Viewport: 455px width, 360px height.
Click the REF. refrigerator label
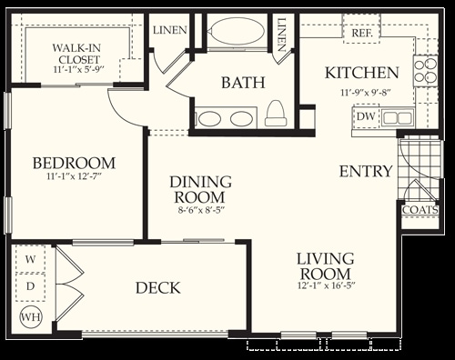(361, 33)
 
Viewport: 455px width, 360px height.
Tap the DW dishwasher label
(366, 116)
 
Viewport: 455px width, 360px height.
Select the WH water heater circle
(31, 317)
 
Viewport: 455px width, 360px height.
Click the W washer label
(30, 259)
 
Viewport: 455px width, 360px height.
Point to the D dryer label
(30, 286)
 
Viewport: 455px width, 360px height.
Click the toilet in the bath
(276, 113)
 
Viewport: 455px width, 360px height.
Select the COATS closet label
(420, 210)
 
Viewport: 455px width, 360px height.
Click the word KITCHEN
(362, 73)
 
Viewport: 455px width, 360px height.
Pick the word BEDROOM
(74, 163)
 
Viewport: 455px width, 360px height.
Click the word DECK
(158, 288)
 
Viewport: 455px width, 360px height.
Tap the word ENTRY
(366, 171)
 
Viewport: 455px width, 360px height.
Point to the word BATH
(243, 83)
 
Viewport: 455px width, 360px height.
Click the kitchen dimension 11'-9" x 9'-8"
(365, 93)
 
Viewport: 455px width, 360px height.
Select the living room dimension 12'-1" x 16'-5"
(327, 285)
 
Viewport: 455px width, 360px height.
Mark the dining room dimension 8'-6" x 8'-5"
(201, 210)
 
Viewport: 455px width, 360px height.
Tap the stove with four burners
(426, 71)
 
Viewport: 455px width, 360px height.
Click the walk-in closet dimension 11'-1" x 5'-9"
(78, 69)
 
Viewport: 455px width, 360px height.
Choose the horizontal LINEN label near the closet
(170, 30)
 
